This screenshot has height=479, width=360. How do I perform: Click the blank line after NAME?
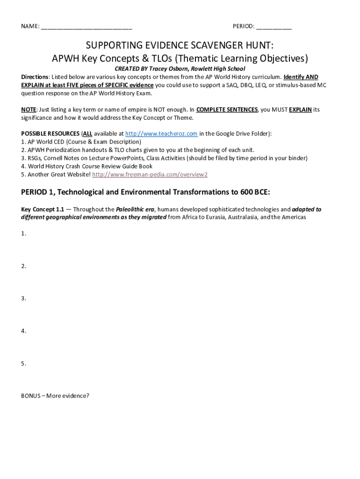[x=86, y=27]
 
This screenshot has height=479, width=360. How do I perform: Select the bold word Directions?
[x=35, y=77]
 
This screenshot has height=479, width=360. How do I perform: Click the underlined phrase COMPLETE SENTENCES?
[x=227, y=109]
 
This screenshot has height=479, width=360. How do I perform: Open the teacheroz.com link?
[x=161, y=134]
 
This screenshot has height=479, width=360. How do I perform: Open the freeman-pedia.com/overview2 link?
[x=150, y=174]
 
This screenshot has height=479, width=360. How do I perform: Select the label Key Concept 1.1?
[x=43, y=210]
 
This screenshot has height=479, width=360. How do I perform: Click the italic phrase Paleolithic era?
[x=135, y=210]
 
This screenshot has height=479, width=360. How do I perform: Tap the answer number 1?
[x=23, y=233]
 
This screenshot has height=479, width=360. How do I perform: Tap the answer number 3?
[x=23, y=298]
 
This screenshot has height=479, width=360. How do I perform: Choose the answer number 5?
[x=23, y=363]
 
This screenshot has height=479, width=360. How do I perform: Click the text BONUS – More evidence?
[x=55, y=396]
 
